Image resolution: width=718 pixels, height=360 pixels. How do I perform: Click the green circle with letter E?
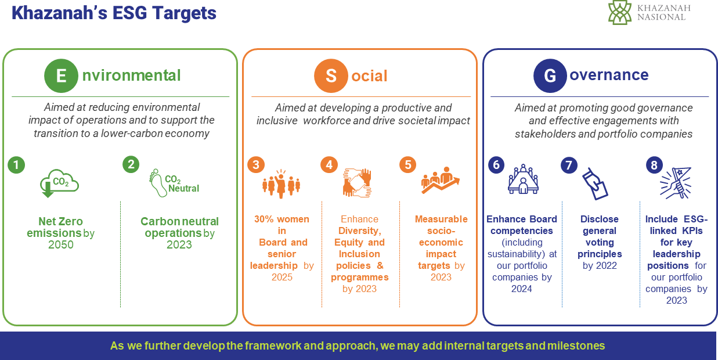click(61, 75)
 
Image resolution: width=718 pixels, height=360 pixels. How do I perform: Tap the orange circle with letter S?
click(331, 75)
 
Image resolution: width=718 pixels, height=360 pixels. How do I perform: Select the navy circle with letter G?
click(550, 75)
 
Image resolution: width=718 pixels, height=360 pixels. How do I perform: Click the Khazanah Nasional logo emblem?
click(620, 12)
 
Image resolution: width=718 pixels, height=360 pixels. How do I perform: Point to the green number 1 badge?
click(16, 165)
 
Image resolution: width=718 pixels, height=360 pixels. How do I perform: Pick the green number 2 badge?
click(131, 164)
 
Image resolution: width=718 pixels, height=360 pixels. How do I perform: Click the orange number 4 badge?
click(329, 165)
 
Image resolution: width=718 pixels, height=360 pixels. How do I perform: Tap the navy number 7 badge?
click(569, 165)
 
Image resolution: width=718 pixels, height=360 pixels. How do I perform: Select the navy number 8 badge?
click(654, 165)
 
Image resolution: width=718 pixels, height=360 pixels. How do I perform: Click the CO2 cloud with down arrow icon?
click(59, 183)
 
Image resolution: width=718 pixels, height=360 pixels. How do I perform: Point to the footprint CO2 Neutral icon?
click(174, 183)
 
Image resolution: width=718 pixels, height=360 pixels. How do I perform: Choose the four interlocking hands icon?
click(357, 182)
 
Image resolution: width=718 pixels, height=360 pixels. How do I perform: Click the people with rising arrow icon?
click(441, 181)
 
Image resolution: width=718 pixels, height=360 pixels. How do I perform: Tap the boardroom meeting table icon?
click(523, 179)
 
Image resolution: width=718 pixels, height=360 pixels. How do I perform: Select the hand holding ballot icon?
click(595, 183)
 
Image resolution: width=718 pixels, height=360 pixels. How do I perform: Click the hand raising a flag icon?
click(676, 183)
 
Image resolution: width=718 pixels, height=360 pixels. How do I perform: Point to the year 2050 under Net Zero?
click(61, 244)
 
